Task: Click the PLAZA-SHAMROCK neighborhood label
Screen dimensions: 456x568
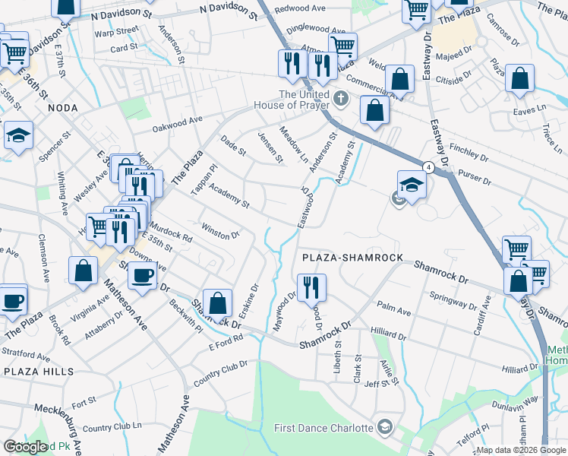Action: pos(352,258)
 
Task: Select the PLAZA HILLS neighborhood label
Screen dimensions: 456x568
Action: pos(38,372)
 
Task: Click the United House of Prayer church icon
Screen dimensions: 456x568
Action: pos(341,99)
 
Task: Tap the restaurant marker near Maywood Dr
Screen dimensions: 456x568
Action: pos(311,287)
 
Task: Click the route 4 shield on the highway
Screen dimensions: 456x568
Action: pos(428,167)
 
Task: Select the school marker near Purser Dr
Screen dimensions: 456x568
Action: pos(411,185)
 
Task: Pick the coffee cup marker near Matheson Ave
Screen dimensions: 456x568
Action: pos(142,275)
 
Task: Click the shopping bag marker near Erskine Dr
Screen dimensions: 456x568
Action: pos(218,303)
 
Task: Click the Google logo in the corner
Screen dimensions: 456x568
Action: pos(25,447)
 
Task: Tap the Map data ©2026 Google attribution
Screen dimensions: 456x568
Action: pos(521,450)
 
